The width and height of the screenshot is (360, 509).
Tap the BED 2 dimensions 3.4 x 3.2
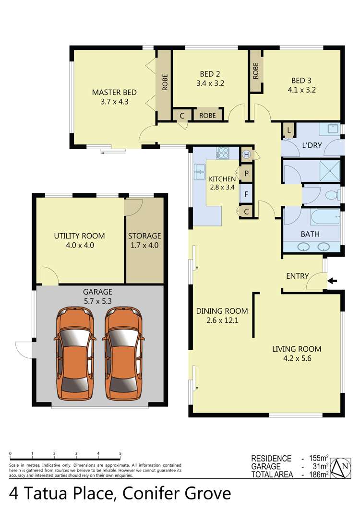pos(210,83)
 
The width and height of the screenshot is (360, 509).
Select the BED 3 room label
pos(301,80)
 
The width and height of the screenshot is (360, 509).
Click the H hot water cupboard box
pos(246,154)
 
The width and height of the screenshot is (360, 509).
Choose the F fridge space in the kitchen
pos(246,194)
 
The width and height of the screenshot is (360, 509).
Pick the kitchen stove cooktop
pos(223,154)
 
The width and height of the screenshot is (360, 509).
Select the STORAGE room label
pos(144,236)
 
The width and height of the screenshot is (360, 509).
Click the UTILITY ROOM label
pos(79,236)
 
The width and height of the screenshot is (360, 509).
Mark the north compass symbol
pos(342,466)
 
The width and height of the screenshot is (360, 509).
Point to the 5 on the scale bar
pos(120,453)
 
